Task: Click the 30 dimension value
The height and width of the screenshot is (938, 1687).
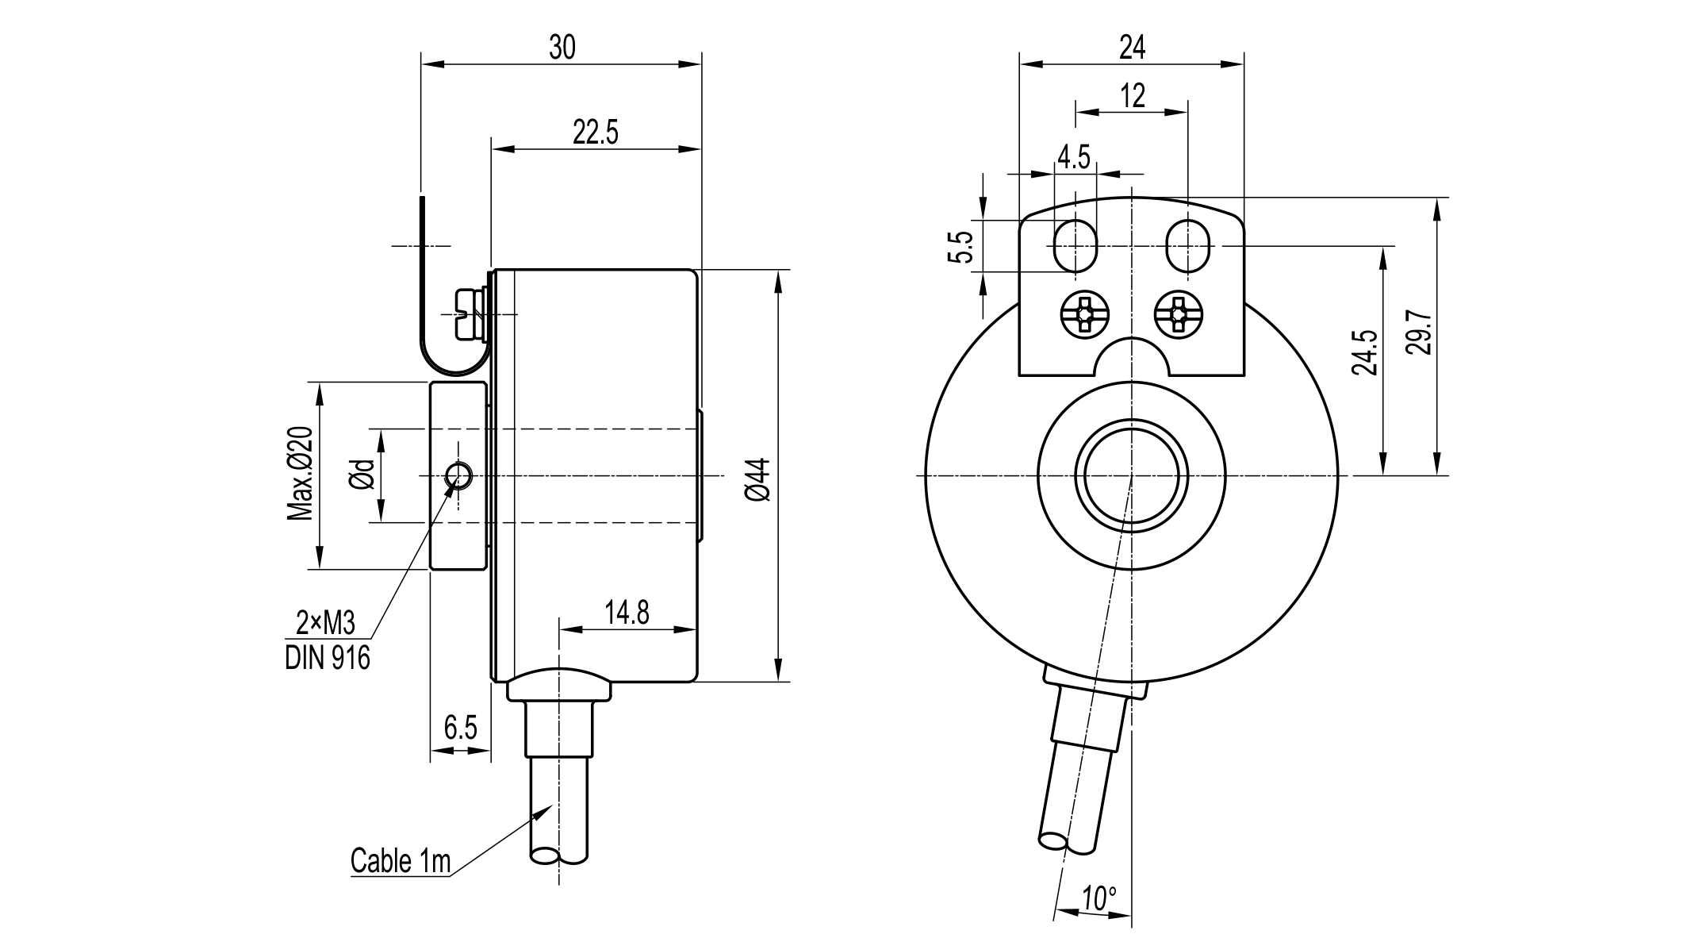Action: [x=562, y=48]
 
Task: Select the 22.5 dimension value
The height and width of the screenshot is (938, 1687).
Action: [x=595, y=133]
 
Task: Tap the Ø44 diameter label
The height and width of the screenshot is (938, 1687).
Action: [x=758, y=479]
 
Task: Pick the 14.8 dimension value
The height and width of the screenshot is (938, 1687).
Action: [x=627, y=613]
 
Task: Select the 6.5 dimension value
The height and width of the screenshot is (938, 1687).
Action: [x=460, y=728]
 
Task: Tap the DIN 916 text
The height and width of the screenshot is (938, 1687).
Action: [x=328, y=658]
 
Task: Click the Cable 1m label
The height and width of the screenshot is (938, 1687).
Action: [x=401, y=861]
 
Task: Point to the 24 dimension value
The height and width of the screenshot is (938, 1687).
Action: [x=1132, y=48]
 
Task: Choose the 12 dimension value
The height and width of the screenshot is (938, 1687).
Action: [x=1133, y=96]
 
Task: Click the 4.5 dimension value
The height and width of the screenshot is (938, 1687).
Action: [x=1074, y=157]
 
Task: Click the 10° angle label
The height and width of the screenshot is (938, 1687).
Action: [x=1099, y=899]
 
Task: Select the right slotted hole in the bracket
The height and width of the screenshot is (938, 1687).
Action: [x=1189, y=246]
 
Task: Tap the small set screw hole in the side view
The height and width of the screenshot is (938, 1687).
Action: [x=458, y=475]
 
